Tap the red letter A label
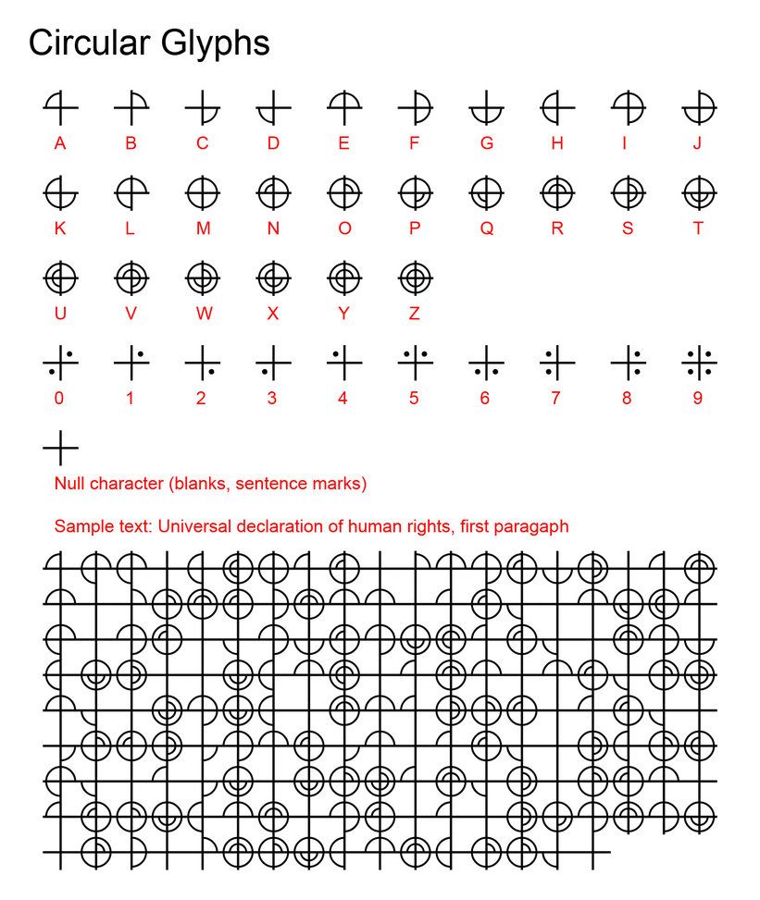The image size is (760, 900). tap(60, 143)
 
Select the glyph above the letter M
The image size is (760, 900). tap(202, 194)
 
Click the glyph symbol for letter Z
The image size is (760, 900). tap(415, 277)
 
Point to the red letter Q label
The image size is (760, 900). tap(486, 229)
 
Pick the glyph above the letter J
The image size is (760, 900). tap(699, 109)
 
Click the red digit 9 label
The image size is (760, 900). tap(698, 399)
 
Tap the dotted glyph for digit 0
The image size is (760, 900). tap(60, 362)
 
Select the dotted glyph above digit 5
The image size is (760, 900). tap(415, 362)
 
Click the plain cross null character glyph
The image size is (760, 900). tap(60, 448)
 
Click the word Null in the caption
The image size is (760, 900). tap(70, 484)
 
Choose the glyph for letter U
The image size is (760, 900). tap(60, 277)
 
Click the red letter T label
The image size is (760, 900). tap(698, 229)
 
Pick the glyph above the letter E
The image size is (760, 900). tap(343, 109)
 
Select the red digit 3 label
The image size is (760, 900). tap(272, 399)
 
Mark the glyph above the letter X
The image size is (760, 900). tap(273, 277)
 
